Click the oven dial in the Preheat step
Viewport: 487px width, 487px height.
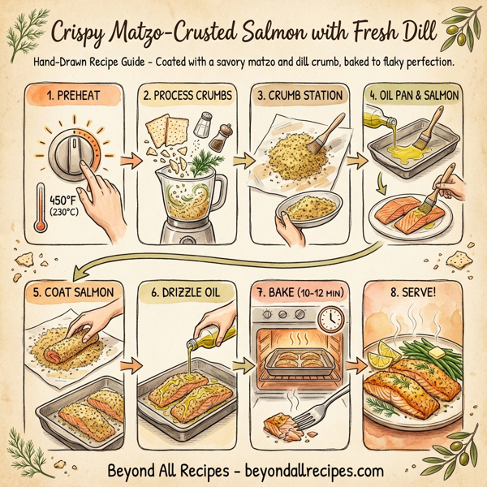[x=71, y=154]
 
